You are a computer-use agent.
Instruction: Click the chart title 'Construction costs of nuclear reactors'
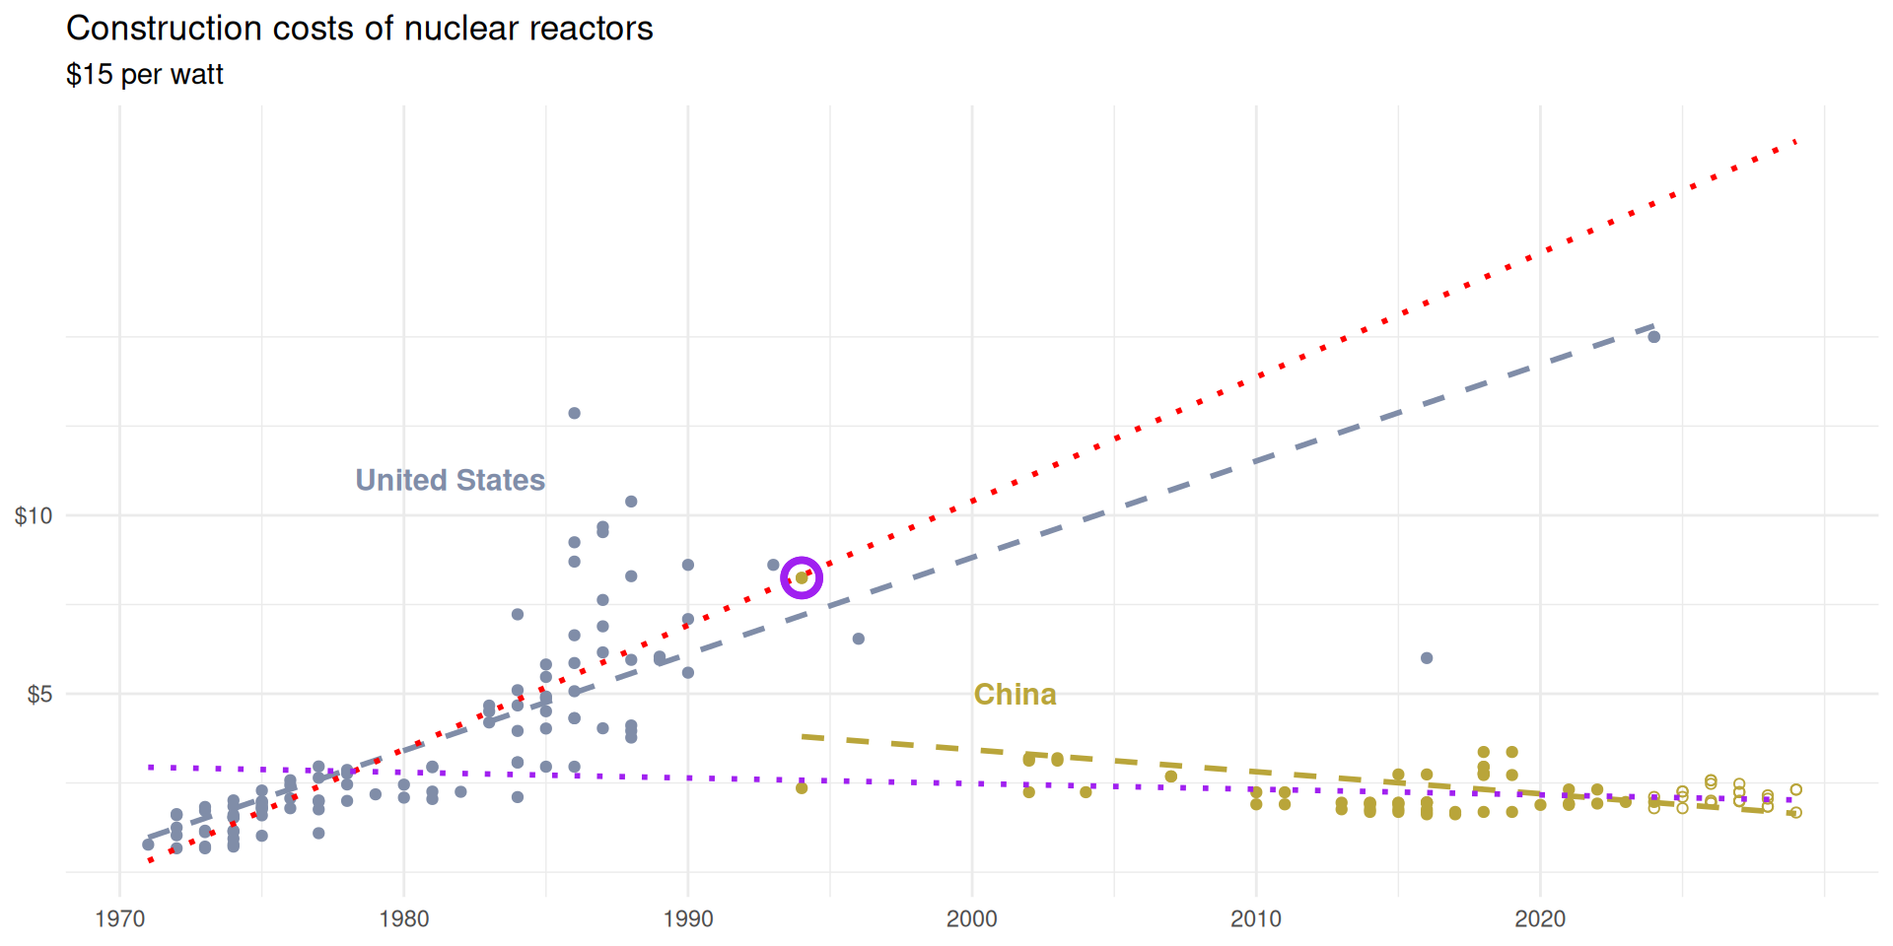pyautogui.click(x=359, y=29)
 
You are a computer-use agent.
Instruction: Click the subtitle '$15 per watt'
pyautogui.click(x=145, y=75)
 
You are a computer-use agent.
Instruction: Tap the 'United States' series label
pyautogui.click(x=450, y=480)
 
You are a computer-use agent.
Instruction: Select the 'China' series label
pyautogui.click(x=1015, y=695)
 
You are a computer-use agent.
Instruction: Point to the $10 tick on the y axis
pyautogui.click(x=34, y=515)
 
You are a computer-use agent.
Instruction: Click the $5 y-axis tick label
pyautogui.click(x=39, y=695)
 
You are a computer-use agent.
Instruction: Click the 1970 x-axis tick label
pyautogui.click(x=120, y=919)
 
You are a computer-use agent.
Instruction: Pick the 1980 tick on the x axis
pyautogui.click(x=404, y=919)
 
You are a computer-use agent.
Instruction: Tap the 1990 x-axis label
pyautogui.click(x=688, y=919)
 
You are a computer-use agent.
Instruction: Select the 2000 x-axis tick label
pyautogui.click(x=972, y=919)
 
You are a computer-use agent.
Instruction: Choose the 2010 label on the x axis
pyautogui.click(x=1256, y=919)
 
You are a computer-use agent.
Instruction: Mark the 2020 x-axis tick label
pyautogui.click(x=1540, y=919)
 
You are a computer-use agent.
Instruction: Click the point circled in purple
pyautogui.click(x=802, y=577)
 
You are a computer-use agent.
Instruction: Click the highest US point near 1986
pyautogui.click(x=575, y=413)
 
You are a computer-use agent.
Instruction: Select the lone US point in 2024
pyautogui.click(x=1654, y=337)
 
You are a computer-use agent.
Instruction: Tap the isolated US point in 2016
pyautogui.click(x=1427, y=658)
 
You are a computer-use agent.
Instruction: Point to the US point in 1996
pyautogui.click(x=859, y=639)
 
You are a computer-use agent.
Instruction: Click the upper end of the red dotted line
pyautogui.click(x=1795, y=142)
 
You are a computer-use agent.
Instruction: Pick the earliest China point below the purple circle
pyautogui.click(x=802, y=788)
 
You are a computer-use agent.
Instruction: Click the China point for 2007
pyautogui.click(x=1171, y=777)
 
